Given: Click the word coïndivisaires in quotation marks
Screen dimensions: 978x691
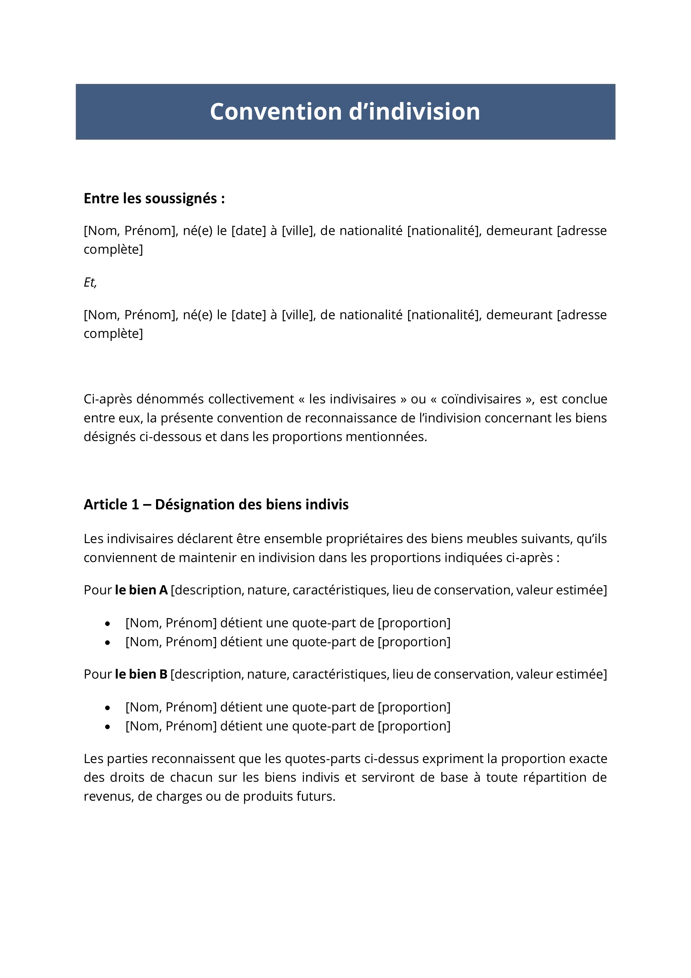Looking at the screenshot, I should [x=481, y=399].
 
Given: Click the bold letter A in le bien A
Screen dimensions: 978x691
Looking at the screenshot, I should [x=163, y=590].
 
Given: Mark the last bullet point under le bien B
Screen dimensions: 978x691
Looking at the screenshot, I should [x=108, y=727].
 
